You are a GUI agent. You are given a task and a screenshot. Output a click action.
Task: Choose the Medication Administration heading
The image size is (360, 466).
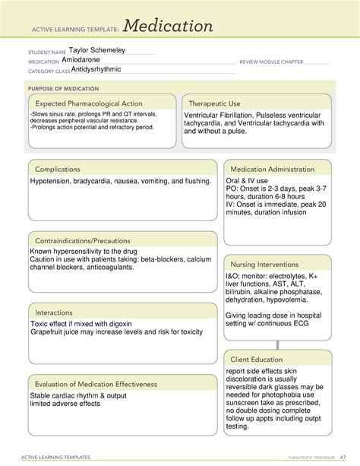273,169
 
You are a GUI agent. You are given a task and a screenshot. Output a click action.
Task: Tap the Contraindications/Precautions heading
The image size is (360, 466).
82,241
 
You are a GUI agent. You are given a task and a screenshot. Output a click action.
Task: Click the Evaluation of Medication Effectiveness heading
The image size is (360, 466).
96,384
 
